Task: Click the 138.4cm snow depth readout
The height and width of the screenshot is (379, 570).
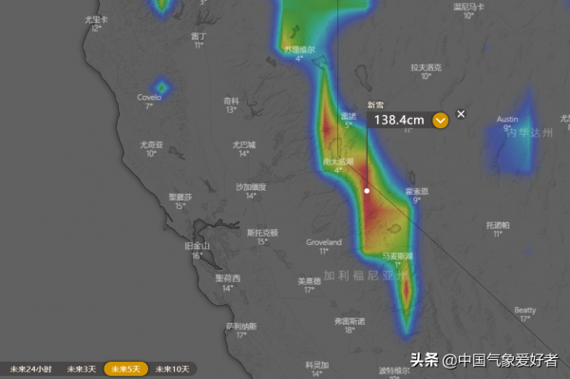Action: point(399,121)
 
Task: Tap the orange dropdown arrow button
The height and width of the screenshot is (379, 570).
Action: point(440,121)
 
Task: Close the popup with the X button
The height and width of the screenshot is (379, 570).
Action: point(462,114)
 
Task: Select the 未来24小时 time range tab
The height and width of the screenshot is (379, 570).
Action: point(30,369)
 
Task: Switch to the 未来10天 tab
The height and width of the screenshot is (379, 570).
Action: point(173,369)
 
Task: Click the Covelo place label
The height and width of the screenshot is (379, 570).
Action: point(149,97)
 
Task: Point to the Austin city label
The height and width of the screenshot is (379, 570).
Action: point(507,119)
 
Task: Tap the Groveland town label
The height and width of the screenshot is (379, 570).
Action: point(323,242)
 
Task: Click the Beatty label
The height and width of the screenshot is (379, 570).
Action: point(525,310)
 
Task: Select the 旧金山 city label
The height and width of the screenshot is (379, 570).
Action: point(194,246)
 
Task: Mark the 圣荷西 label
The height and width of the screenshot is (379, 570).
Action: point(227,278)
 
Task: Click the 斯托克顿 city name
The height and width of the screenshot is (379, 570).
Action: point(262,232)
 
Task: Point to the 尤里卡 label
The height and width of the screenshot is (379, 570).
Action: point(96,19)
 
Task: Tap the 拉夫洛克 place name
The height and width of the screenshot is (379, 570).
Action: point(425,67)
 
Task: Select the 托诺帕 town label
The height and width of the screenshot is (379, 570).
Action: point(498,225)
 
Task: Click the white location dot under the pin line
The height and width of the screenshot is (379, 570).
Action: point(367,190)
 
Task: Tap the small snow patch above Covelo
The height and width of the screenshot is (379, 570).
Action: point(161,87)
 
